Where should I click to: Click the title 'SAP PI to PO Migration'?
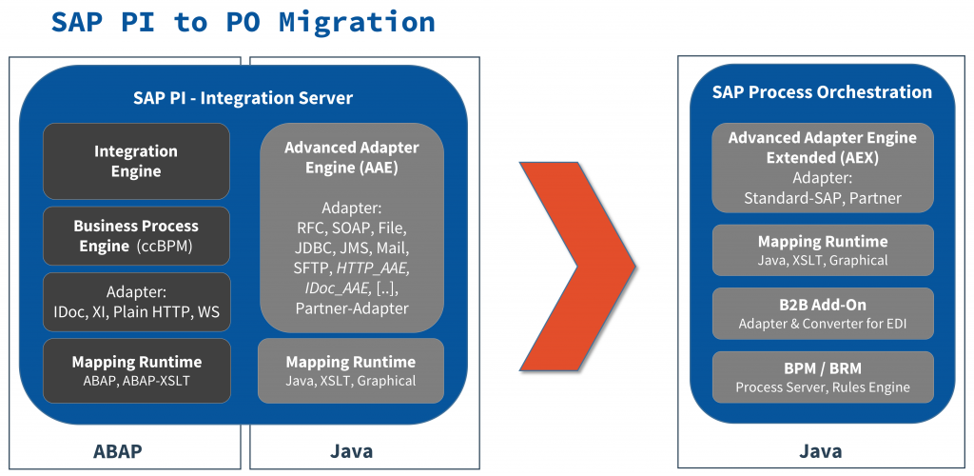[243, 22]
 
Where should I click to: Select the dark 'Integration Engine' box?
[136, 161]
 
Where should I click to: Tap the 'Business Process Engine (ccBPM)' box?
[136, 235]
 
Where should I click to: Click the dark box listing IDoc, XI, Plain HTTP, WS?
[136, 302]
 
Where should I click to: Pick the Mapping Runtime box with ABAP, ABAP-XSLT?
[136, 370]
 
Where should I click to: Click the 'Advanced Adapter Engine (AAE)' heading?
[351, 157]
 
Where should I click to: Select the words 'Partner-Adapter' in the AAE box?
[351, 307]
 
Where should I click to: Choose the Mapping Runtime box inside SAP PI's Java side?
[351, 370]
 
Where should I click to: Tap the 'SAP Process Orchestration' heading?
[822, 91]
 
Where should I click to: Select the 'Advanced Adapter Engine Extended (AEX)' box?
[822, 168]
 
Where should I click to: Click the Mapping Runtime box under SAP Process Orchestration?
[822, 250]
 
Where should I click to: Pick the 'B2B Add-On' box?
[822, 313]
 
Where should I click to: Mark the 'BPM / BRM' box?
[822, 377]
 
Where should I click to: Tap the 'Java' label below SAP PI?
[350, 450]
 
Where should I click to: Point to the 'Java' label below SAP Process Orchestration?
[819, 450]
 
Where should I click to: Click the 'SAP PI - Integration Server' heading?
[243, 98]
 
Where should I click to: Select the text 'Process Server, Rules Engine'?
[822, 387]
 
